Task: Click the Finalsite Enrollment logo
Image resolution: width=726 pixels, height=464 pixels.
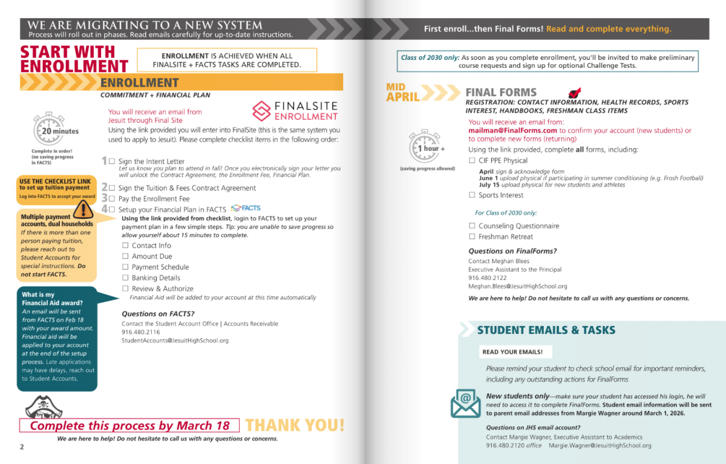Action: point(295,111)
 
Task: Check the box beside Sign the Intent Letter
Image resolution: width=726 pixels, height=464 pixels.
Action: point(112,162)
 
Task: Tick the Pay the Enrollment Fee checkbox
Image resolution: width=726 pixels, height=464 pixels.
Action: point(112,198)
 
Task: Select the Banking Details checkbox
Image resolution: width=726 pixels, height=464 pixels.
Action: point(126,278)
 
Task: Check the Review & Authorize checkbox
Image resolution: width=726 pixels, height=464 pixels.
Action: point(126,289)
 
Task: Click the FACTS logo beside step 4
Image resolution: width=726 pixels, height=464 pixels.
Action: point(246,208)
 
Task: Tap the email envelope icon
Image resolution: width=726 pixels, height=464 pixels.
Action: point(465,402)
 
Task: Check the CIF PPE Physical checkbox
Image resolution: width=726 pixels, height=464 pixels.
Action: point(472,160)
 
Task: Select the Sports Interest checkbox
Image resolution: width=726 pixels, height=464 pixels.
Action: point(472,195)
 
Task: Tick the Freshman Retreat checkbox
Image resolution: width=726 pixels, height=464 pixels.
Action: point(472,237)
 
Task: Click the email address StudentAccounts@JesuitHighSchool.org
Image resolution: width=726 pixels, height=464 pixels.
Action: point(175,341)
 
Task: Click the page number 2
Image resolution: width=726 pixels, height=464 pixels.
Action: point(21,447)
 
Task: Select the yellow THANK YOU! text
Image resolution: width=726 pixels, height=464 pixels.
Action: point(295,425)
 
